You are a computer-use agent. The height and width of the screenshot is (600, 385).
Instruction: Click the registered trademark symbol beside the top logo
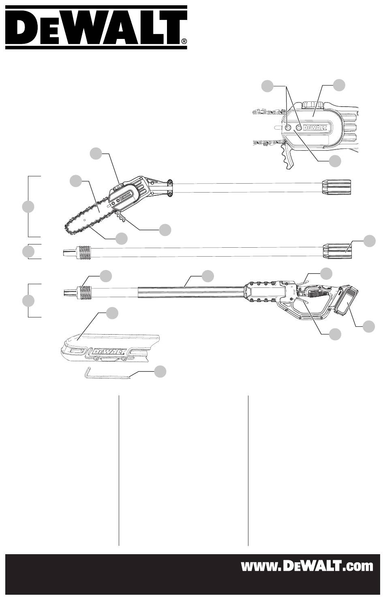pyautogui.click(x=184, y=41)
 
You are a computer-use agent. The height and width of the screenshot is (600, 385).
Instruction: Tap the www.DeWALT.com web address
pyautogui.click(x=307, y=566)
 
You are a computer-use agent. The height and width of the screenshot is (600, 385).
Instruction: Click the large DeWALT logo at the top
pyautogui.click(x=96, y=27)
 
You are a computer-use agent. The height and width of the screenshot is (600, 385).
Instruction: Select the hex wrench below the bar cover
pyautogui.click(x=107, y=374)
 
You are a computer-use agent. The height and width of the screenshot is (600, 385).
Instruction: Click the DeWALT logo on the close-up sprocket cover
pyautogui.click(x=315, y=127)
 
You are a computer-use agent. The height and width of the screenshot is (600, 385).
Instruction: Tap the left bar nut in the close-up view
pyautogui.click(x=287, y=128)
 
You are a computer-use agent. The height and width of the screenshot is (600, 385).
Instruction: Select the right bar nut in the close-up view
pyautogui.click(x=299, y=128)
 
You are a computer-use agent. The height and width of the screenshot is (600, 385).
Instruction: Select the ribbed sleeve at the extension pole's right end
pyautogui.click(x=336, y=251)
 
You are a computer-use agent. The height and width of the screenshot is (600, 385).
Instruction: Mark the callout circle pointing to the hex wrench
pyautogui.click(x=160, y=371)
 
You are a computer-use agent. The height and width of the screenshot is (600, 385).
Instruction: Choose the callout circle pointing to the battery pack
pyautogui.click(x=369, y=326)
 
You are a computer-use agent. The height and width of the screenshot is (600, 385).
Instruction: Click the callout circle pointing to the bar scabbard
pyautogui.click(x=112, y=313)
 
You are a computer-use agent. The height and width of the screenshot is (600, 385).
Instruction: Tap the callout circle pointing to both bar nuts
pyautogui.click(x=267, y=86)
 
